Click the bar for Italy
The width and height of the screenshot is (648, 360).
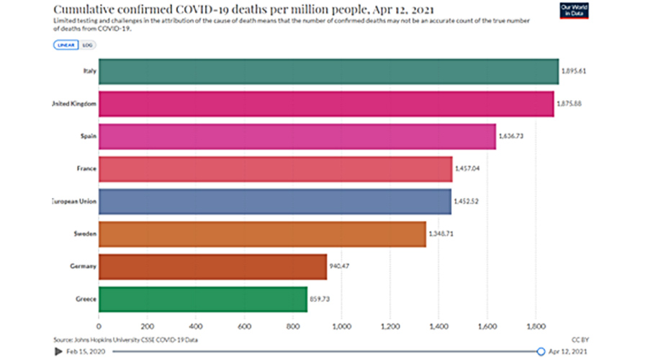coord(328,71)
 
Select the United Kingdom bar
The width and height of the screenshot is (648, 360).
coord(326,104)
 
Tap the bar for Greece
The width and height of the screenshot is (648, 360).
coord(203,299)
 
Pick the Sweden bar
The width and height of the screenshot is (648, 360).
coord(262,234)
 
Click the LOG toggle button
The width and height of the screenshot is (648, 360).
coord(87,45)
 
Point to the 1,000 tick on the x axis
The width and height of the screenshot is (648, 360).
coord(341,325)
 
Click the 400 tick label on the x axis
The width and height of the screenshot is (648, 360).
coord(196,325)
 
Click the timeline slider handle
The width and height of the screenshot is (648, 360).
coord(541,351)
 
